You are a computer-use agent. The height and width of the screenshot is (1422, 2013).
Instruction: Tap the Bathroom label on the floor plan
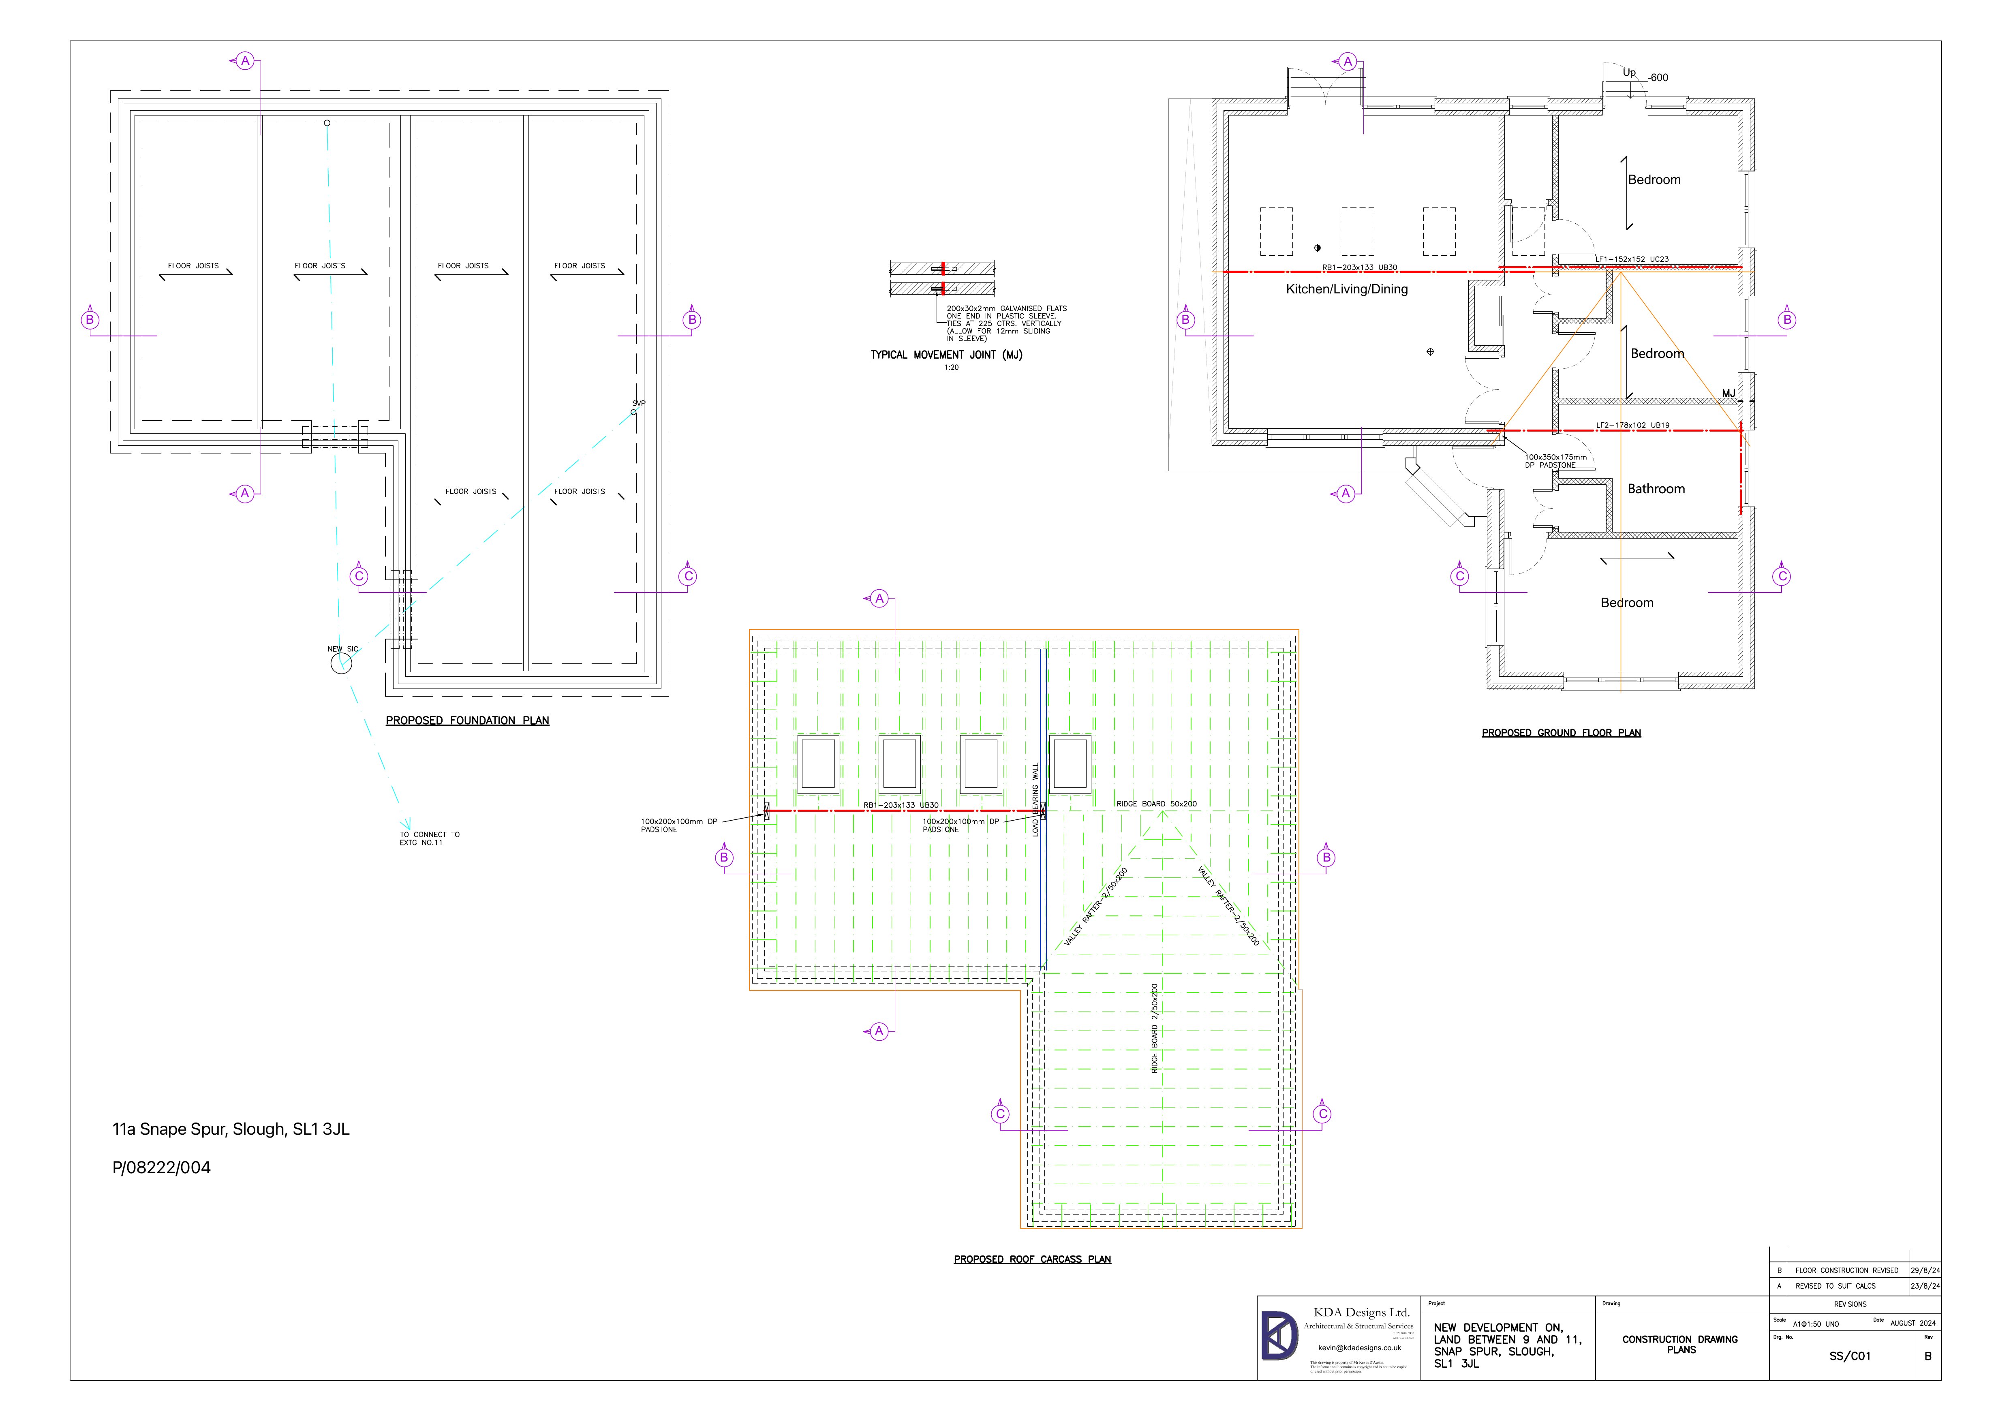[1655, 489]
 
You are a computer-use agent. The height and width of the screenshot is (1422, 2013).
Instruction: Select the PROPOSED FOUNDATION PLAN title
[467, 721]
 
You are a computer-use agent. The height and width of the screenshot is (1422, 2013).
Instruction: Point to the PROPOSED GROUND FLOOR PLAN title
[1561, 733]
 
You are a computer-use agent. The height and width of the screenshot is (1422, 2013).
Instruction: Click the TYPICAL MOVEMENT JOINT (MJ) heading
[946, 355]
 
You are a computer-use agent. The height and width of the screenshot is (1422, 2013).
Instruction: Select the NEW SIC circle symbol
[341, 664]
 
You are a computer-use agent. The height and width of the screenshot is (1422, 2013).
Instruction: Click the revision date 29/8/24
[1925, 1270]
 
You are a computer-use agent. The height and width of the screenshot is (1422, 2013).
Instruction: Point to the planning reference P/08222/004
[161, 1168]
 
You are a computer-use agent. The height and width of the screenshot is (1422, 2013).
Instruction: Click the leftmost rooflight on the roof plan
[818, 763]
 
